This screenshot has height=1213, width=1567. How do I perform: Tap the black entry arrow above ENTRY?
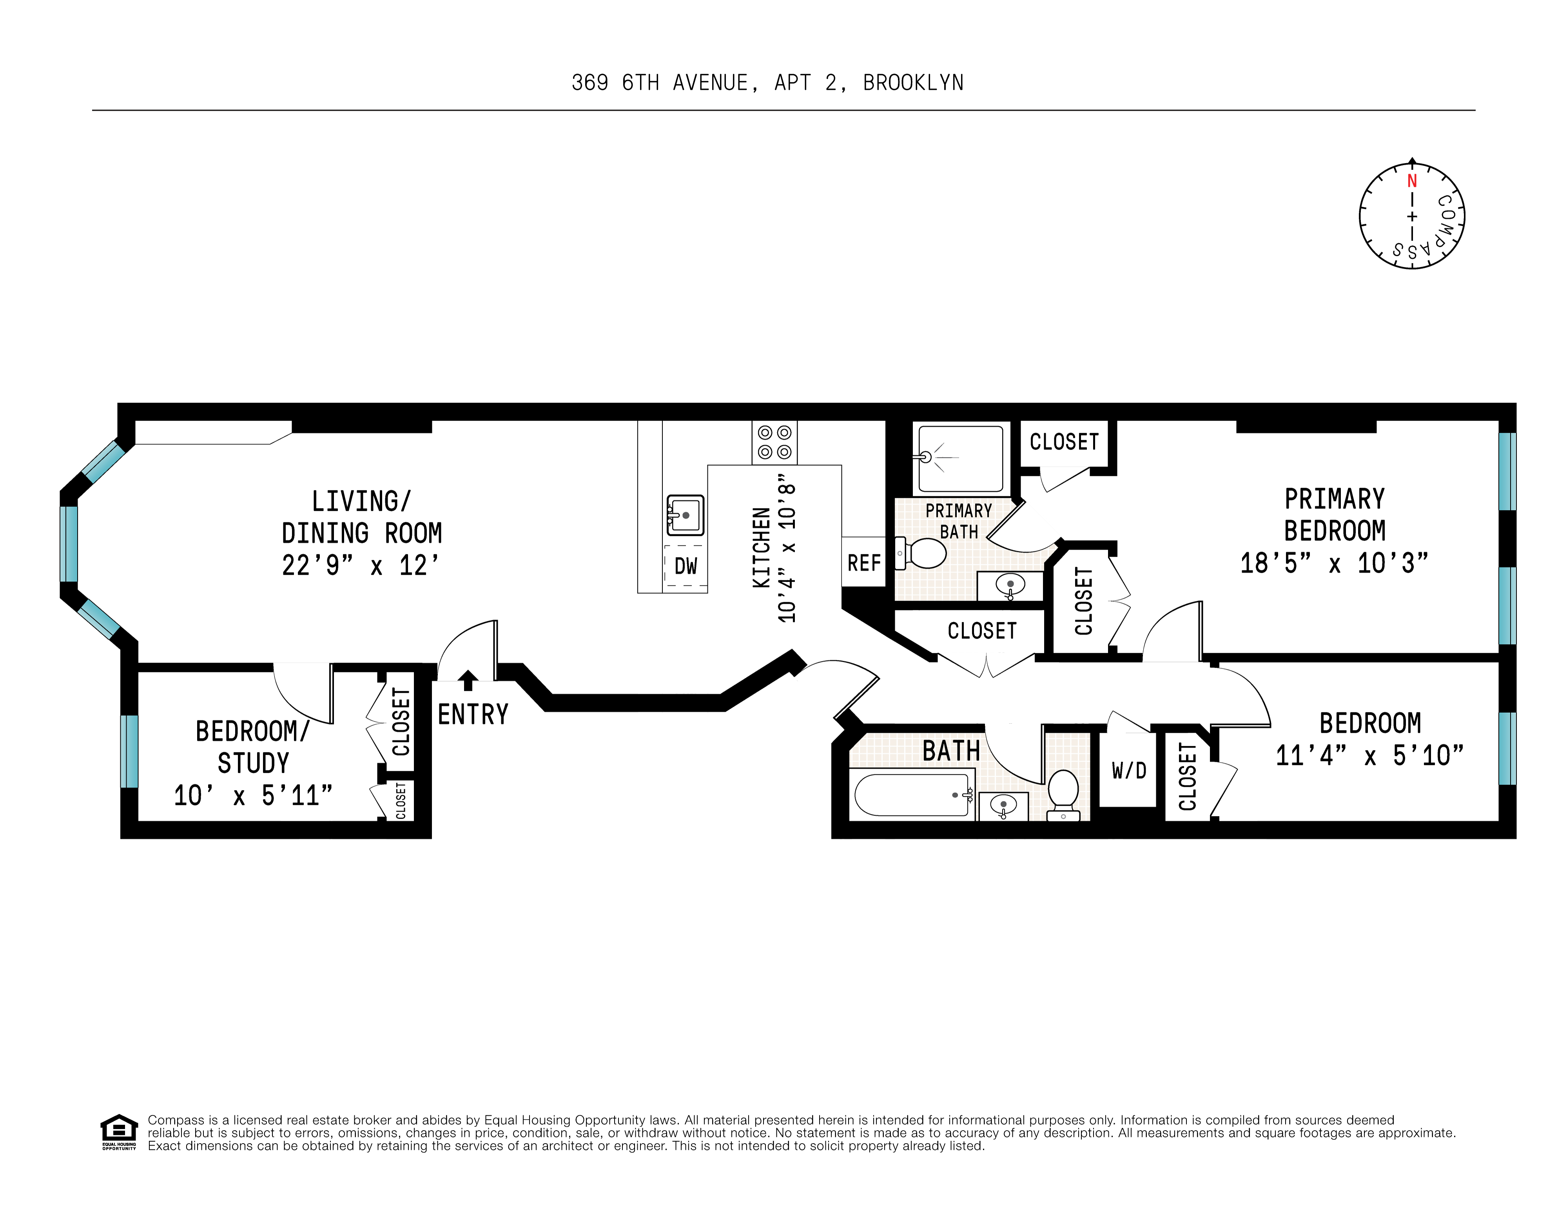(x=468, y=679)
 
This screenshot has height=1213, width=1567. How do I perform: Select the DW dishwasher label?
(x=685, y=566)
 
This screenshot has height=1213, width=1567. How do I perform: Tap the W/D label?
(x=1129, y=771)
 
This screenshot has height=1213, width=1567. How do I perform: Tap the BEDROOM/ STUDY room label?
(x=252, y=746)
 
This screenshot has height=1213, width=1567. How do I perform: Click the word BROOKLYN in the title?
(x=913, y=83)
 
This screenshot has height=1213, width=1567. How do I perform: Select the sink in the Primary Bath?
(x=1010, y=586)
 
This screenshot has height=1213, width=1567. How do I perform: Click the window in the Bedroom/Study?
(x=129, y=751)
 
